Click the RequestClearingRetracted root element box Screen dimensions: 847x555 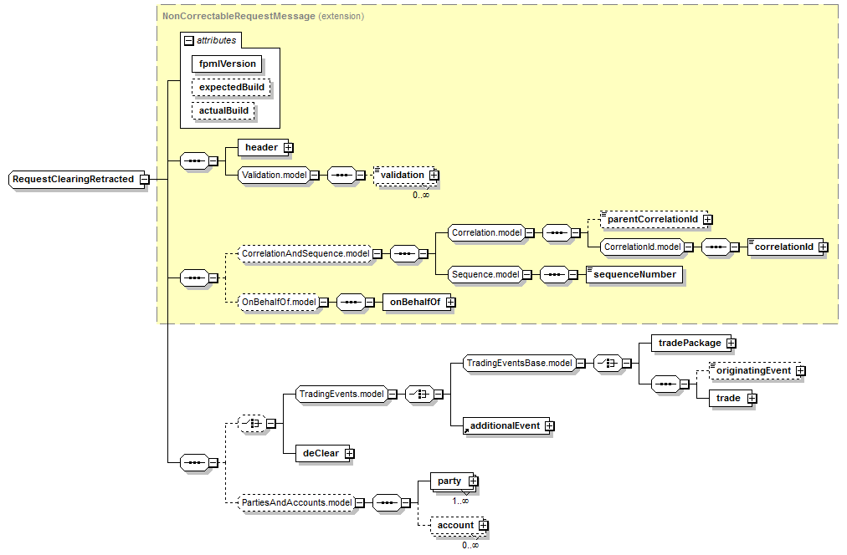pyautogui.click(x=79, y=179)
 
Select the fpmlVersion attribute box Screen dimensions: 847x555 pyautogui.click(x=227, y=64)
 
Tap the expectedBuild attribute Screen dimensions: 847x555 pyautogui.click(x=231, y=88)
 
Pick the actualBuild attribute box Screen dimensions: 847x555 pyautogui.click(x=223, y=110)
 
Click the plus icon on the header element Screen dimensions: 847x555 pyautogui.click(x=289, y=147)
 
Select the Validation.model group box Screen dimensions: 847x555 pyautogui.click(x=275, y=175)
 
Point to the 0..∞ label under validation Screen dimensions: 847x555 pyautogui.click(x=421, y=195)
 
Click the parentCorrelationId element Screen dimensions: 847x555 pyautogui.click(x=656, y=220)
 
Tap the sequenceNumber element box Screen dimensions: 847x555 pyautogui.click(x=634, y=274)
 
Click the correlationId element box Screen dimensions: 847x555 pyautogui.click(x=786, y=247)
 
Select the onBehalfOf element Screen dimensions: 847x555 pyautogui.click(x=417, y=302)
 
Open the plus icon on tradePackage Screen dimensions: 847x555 pyautogui.click(x=731, y=343)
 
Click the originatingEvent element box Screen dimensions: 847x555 pyautogui.click(x=756, y=370)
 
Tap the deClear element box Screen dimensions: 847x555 pyautogui.click(x=323, y=453)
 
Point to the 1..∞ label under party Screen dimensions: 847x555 pyautogui.click(x=461, y=501)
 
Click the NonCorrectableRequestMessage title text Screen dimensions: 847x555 pyautogui.click(x=239, y=16)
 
